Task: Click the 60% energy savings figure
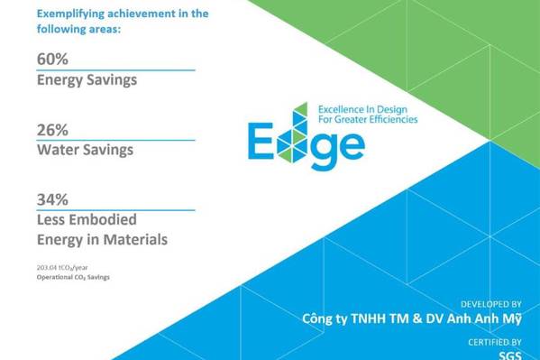click(52, 59)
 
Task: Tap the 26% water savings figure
click(52, 130)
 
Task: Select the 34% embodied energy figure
click(52, 199)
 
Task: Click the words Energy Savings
click(87, 80)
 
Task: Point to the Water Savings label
click(85, 150)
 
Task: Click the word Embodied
click(108, 219)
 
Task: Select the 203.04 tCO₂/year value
click(62, 268)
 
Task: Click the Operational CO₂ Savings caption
click(73, 277)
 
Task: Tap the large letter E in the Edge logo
click(261, 141)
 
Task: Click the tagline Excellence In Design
click(362, 110)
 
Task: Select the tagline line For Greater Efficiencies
click(368, 119)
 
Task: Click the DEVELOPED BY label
click(491, 304)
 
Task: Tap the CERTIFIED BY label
click(495, 342)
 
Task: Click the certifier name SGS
click(510, 355)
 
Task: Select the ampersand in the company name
click(416, 318)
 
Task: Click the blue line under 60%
click(115, 70)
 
